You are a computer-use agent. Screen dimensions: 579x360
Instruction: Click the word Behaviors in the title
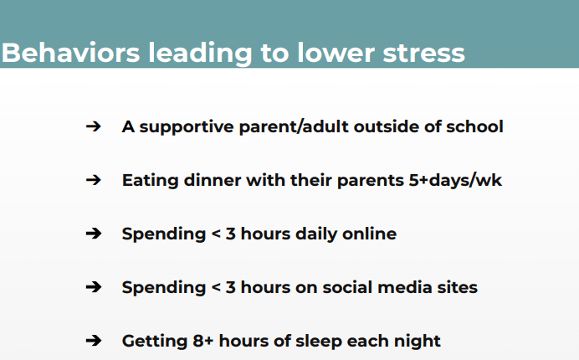coord(71,53)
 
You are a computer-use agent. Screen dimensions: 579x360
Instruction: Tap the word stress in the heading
coord(423,54)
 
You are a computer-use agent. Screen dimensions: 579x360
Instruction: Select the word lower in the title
coord(336,53)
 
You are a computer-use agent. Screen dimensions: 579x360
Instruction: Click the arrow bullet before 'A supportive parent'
coord(94,126)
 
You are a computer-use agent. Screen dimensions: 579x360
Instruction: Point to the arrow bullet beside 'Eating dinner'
coord(94,180)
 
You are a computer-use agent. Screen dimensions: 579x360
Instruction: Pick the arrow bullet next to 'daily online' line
coord(94,234)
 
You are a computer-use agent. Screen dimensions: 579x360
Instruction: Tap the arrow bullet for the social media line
coord(94,287)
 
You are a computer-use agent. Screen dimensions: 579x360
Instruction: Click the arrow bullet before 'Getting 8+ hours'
coord(94,341)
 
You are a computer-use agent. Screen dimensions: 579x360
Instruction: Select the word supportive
coord(187,127)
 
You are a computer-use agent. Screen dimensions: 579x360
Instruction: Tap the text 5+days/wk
coord(455,181)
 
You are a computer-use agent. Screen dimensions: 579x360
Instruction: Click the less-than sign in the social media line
coord(216,287)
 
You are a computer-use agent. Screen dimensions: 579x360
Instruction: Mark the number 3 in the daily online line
coord(231,234)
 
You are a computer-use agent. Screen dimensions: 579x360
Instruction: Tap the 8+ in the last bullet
coord(203,341)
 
